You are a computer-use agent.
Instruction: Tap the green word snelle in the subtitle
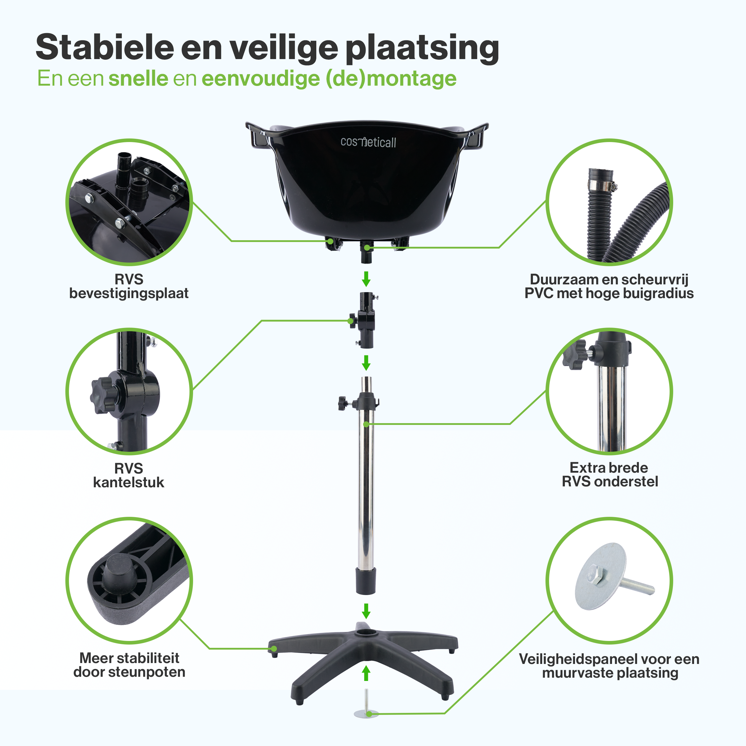click(x=138, y=79)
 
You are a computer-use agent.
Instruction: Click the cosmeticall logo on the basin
click(x=368, y=142)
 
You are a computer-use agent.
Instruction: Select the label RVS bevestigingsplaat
click(x=129, y=286)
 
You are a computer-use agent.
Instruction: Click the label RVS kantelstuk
click(x=129, y=475)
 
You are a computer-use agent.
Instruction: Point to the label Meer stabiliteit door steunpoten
click(x=129, y=665)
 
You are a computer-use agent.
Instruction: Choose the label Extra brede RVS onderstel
click(x=610, y=474)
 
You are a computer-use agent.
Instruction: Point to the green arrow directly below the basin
click(x=366, y=278)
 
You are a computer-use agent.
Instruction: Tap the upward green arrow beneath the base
click(x=366, y=674)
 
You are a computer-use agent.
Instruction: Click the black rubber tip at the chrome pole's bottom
click(x=365, y=581)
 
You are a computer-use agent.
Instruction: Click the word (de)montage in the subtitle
click(x=391, y=79)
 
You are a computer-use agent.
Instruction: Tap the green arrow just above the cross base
click(x=366, y=611)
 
